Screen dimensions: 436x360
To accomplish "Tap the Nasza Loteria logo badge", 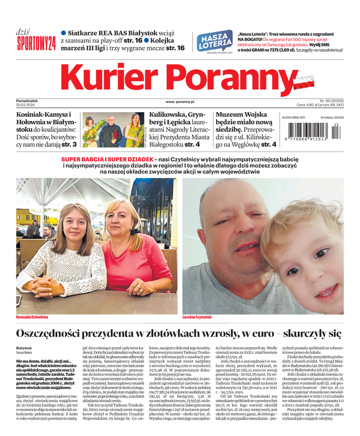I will click(x=214, y=41).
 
